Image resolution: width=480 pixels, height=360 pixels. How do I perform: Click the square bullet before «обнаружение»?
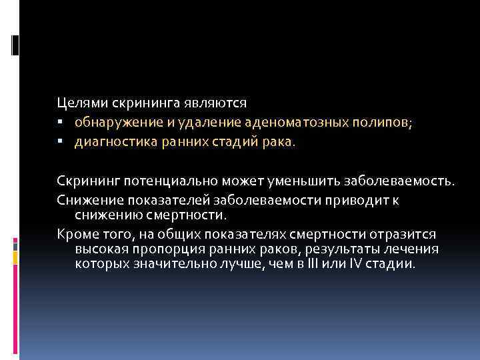[60, 123]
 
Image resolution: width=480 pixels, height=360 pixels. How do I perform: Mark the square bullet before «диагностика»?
[60, 141]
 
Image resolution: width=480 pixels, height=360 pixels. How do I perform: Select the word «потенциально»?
[173, 181]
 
